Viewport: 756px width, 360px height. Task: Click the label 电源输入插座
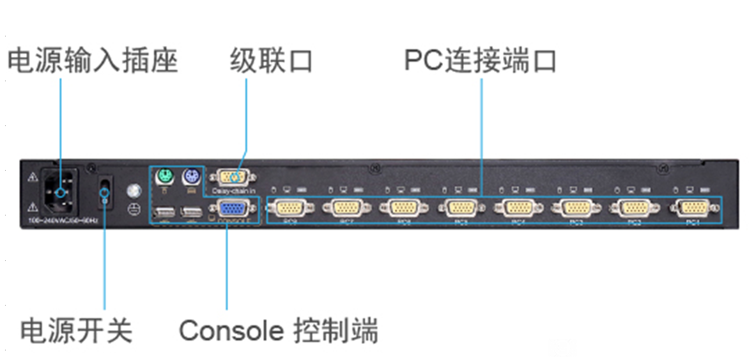(x=93, y=61)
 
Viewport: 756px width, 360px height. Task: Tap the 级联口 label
(x=271, y=61)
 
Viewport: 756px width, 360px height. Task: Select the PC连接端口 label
(x=481, y=61)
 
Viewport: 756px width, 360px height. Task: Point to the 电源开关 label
(x=77, y=331)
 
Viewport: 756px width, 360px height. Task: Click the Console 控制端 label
(x=279, y=331)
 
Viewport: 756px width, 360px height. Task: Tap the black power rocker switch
(x=105, y=191)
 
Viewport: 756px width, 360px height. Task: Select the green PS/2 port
(x=165, y=175)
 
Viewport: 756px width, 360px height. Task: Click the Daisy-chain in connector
(x=233, y=176)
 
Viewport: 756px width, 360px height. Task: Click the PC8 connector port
(x=290, y=208)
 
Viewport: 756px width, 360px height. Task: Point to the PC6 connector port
(x=404, y=208)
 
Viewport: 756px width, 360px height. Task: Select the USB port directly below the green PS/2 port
(x=164, y=212)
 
